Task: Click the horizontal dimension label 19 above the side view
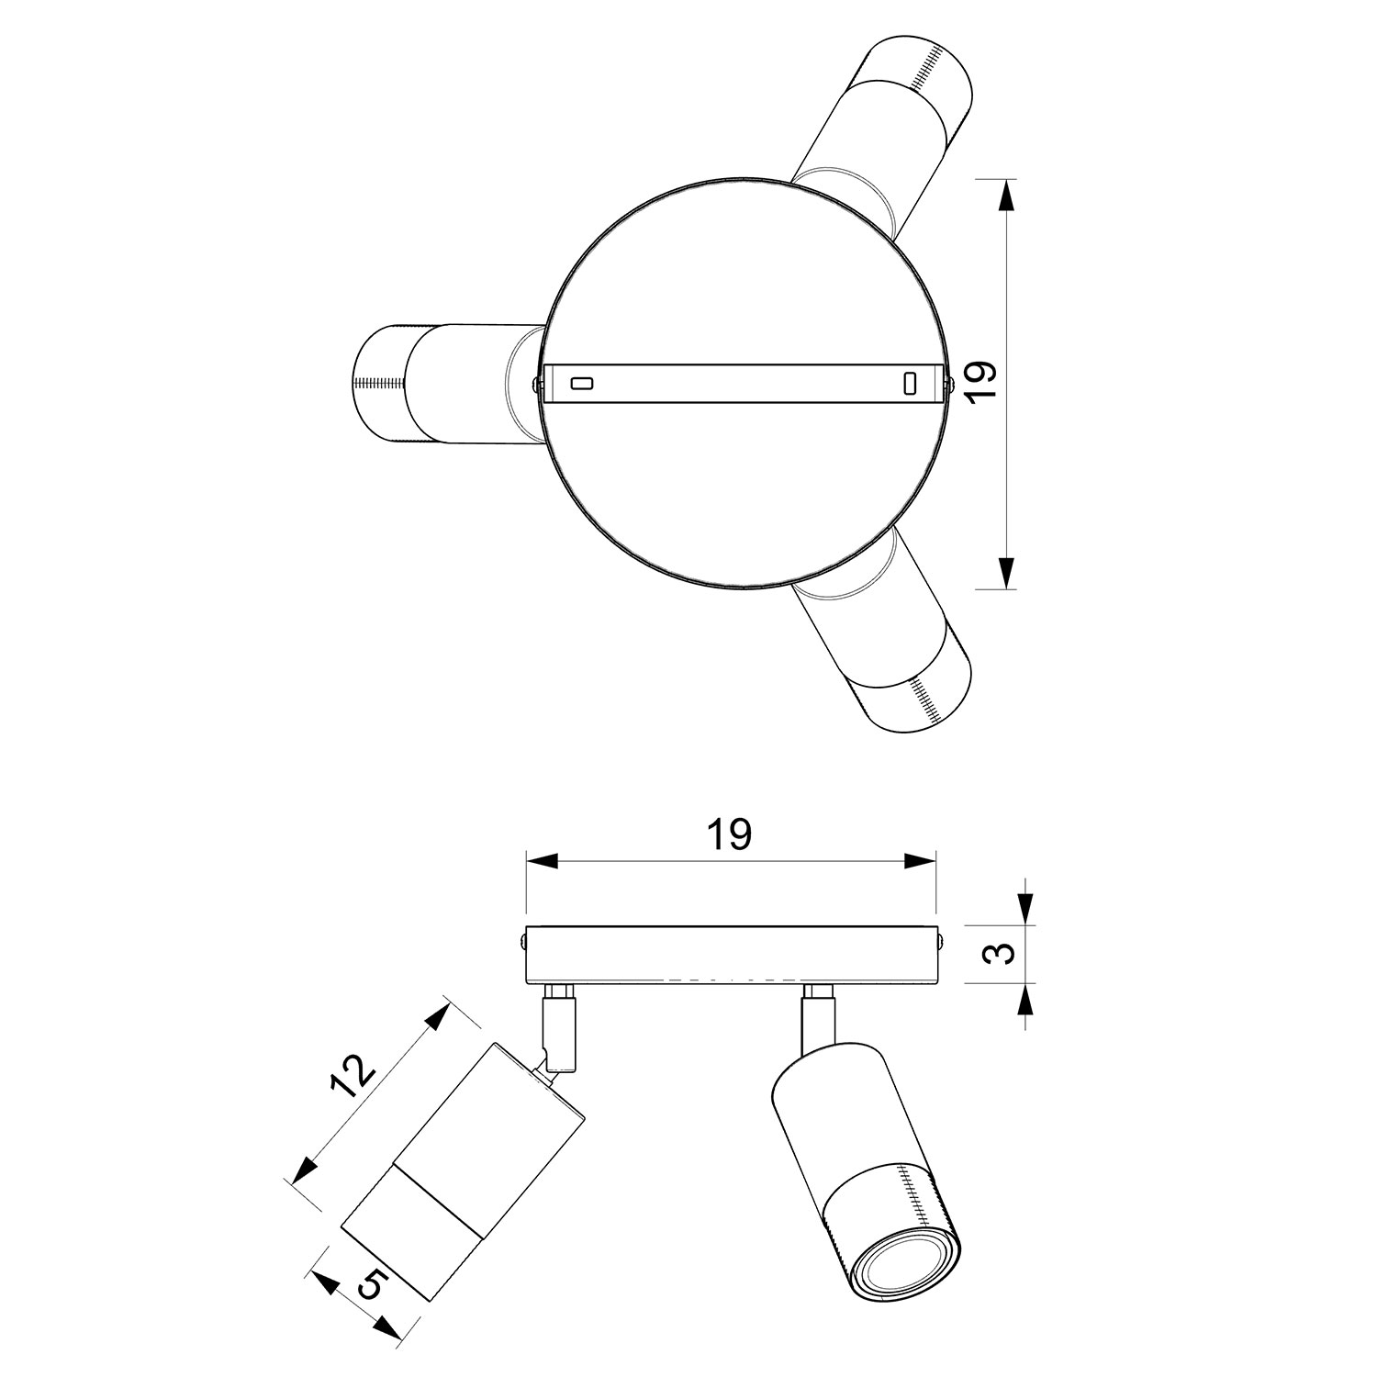(731, 834)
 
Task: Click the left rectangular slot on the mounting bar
(582, 383)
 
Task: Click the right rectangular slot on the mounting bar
(910, 383)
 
